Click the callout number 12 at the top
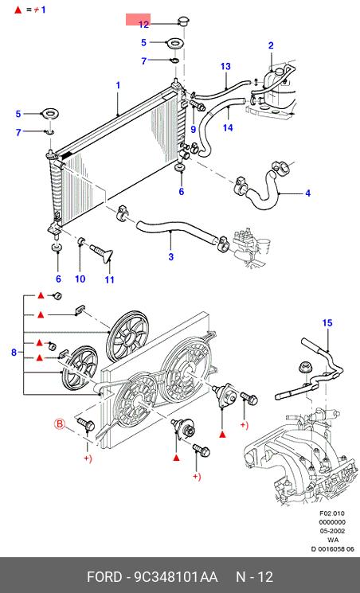click(x=144, y=25)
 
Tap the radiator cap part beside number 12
click(x=183, y=21)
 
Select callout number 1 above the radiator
click(x=118, y=85)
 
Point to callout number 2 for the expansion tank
click(x=271, y=45)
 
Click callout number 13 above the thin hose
click(x=225, y=67)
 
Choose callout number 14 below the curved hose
click(x=228, y=127)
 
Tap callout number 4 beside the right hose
click(x=307, y=193)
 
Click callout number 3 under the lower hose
click(x=171, y=257)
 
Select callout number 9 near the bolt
click(x=193, y=129)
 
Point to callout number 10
click(x=80, y=279)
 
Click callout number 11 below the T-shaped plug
click(x=109, y=280)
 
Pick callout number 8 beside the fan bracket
click(x=14, y=353)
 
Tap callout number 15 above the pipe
click(x=327, y=323)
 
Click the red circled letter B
click(x=61, y=424)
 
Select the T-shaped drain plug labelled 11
click(x=103, y=252)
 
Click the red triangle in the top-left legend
click(x=18, y=10)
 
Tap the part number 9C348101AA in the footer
click(x=175, y=577)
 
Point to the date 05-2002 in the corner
click(x=332, y=531)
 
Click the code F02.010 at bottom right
click(x=332, y=513)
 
